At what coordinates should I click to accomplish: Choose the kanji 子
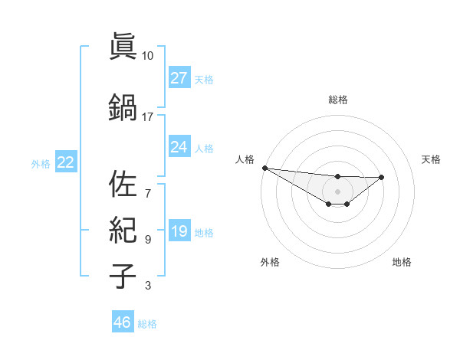[123, 275]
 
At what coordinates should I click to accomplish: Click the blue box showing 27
[179, 78]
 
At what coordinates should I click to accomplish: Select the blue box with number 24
[179, 147]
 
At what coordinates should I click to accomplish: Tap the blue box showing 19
[179, 231]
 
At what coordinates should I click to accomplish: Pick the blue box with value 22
[65, 162]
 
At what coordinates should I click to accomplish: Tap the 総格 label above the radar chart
[338, 100]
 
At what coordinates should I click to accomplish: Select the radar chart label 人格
[245, 159]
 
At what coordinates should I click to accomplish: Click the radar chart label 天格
[431, 159]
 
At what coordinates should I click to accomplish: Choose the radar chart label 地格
[402, 262]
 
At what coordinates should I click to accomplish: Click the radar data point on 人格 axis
[264, 168]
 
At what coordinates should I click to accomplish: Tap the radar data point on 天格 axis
[382, 177]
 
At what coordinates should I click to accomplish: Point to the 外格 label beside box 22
[41, 163]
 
